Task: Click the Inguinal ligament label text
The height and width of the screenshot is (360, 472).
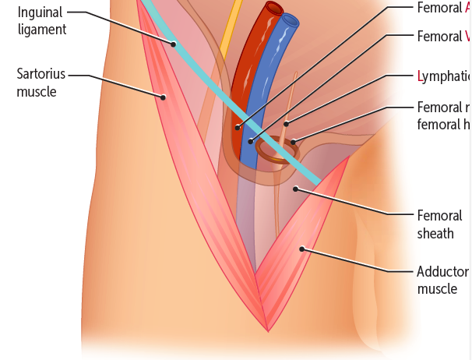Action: pos(42,21)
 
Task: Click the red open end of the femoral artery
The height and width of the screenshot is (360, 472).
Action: pos(274,9)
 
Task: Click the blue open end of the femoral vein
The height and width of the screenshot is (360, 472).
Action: pos(291,19)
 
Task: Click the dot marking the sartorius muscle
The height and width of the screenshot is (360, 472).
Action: pos(164,97)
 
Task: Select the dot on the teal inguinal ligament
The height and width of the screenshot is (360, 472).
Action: pos(174,44)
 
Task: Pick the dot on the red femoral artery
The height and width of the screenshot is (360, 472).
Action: pos(238,126)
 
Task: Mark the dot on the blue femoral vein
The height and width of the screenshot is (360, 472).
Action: pos(251,141)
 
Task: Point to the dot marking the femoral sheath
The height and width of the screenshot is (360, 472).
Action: pos(294,188)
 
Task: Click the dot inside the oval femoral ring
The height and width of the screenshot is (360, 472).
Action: pos(294,142)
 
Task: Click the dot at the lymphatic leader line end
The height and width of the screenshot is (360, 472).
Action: pos(286,123)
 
